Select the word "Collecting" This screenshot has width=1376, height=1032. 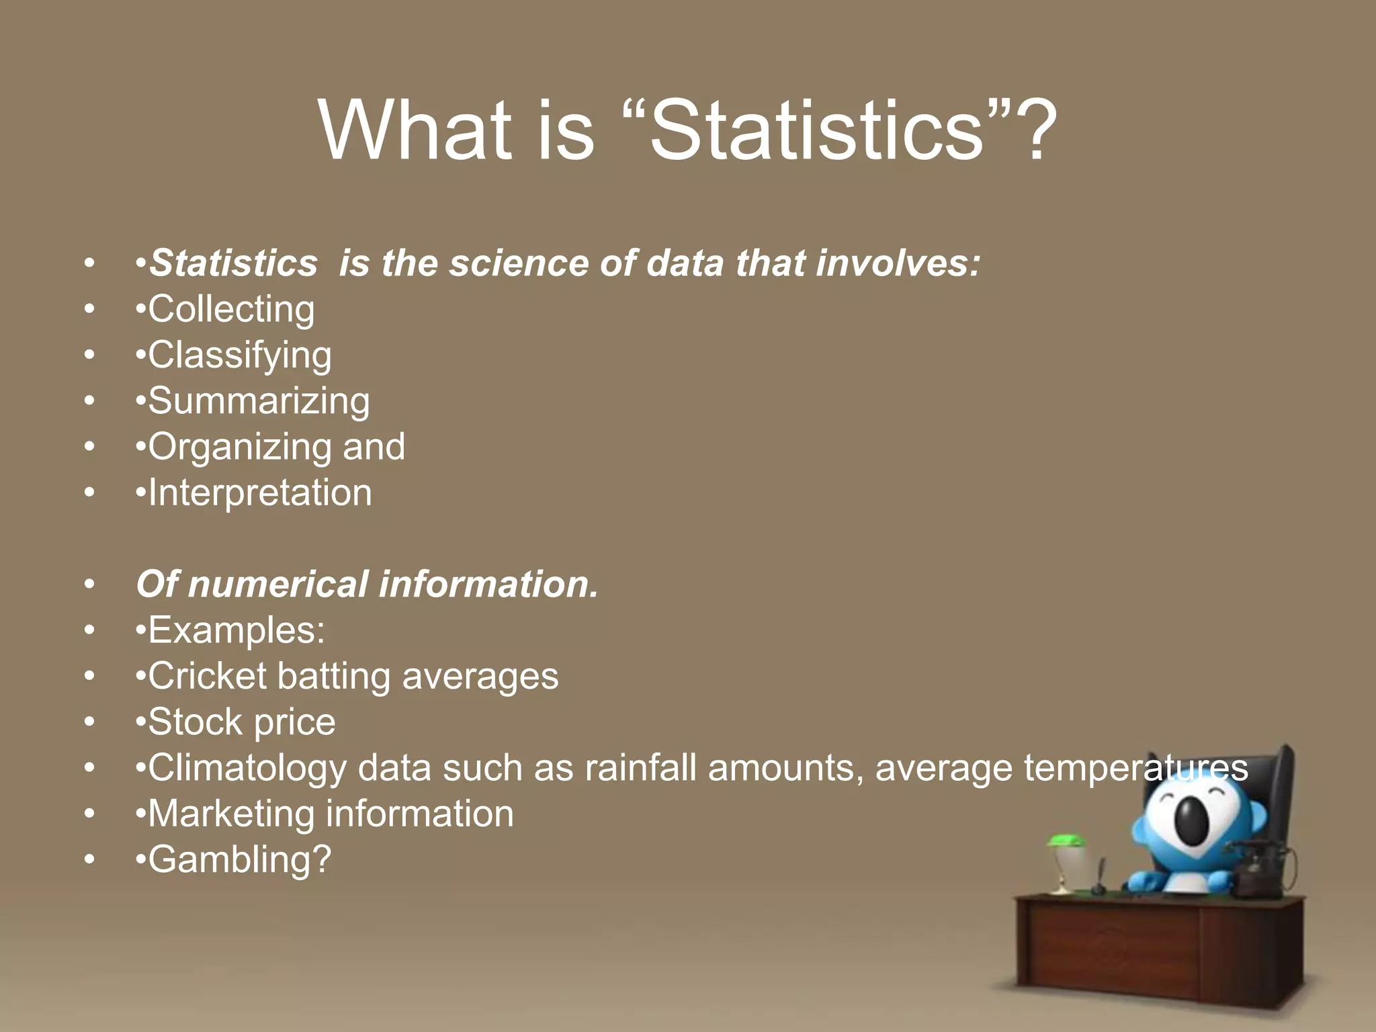click(x=231, y=309)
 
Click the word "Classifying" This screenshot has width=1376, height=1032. click(x=240, y=355)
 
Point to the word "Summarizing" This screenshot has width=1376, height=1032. click(x=259, y=401)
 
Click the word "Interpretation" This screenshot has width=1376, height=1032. click(x=260, y=492)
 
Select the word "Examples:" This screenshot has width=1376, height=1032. click(x=236, y=630)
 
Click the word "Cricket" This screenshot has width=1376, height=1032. click(x=207, y=676)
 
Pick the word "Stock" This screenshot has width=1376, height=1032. click(x=195, y=722)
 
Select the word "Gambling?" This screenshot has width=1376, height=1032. click(x=240, y=859)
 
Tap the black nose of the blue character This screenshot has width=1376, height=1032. click(x=1192, y=820)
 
